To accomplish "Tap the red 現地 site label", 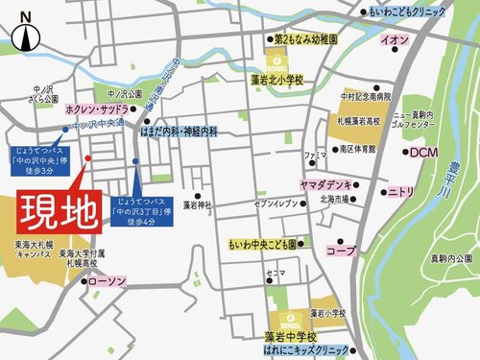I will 58,208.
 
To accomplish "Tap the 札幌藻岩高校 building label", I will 358,123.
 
